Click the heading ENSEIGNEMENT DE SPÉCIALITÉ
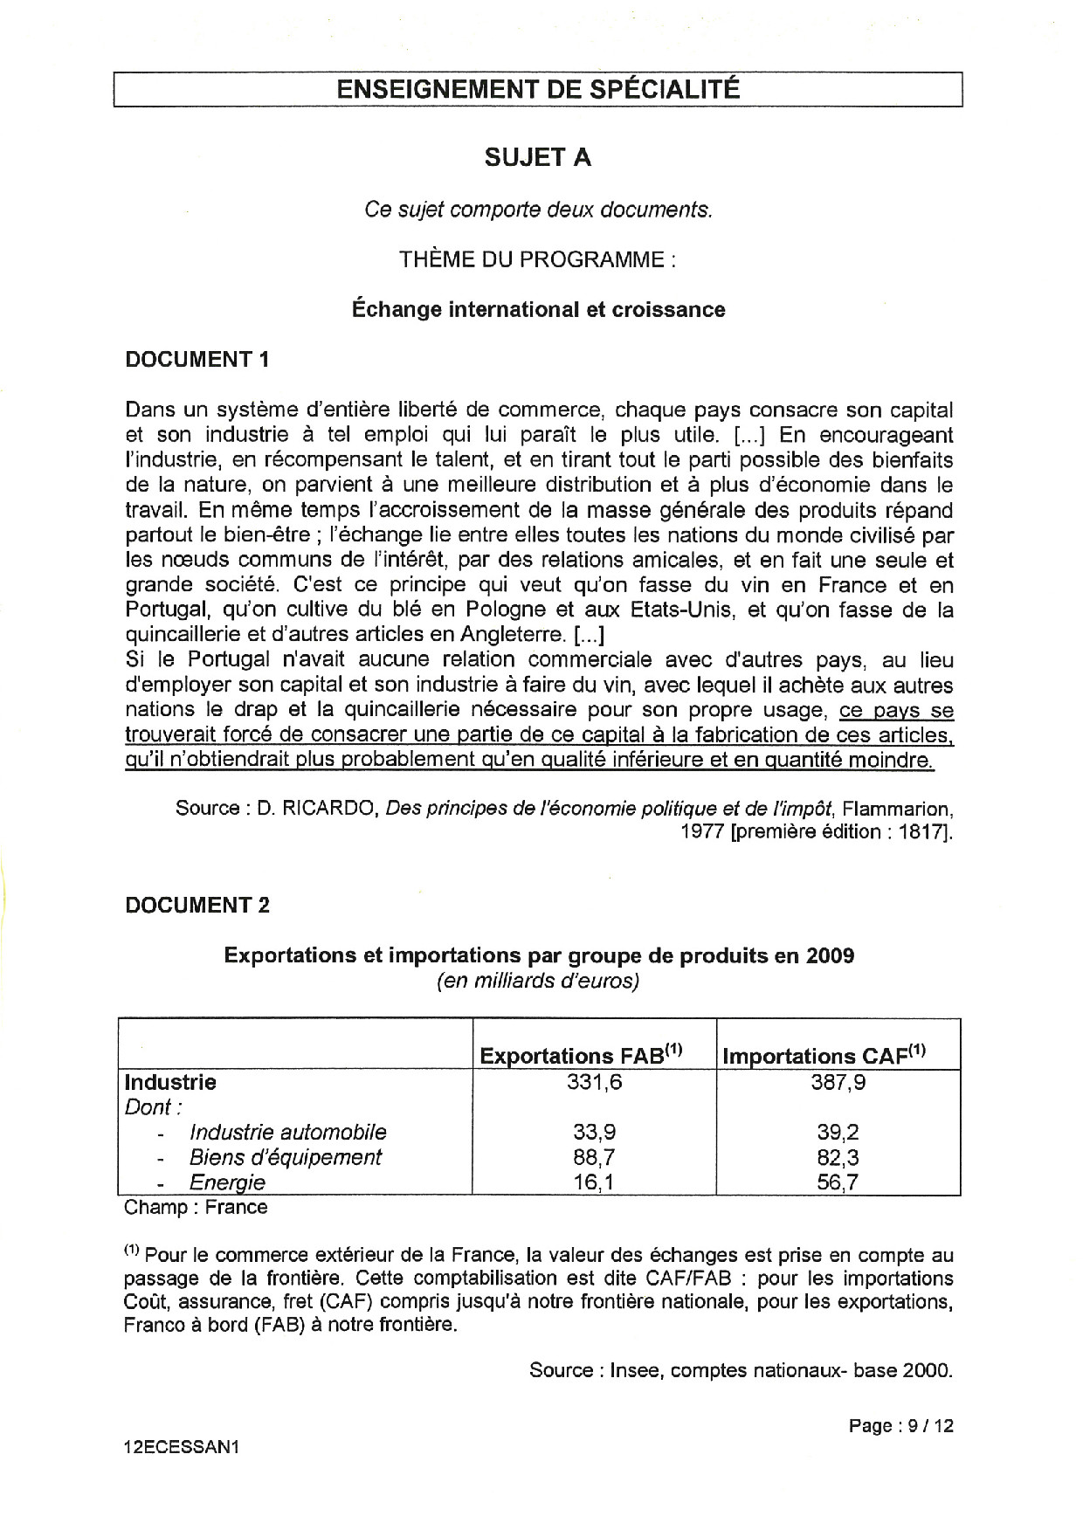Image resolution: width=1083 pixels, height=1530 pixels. point(538,89)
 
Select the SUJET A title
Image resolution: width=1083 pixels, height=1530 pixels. point(538,158)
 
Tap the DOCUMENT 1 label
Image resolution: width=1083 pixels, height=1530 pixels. point(197,359)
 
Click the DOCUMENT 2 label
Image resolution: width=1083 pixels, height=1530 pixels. point(197,905)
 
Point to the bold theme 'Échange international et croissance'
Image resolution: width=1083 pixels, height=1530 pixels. point(538,309)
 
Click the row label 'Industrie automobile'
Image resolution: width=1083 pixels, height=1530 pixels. point(287,1132)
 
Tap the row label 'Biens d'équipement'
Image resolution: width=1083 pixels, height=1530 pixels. point(286,1157)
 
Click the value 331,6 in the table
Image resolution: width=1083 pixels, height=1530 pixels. point(594,1082)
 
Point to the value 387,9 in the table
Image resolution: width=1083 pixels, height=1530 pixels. point(838,1082)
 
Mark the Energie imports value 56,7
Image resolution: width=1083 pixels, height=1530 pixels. point(838,1182)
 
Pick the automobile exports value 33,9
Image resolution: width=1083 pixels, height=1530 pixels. point(594,1132)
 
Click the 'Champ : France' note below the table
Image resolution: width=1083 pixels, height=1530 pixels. point(196,1208)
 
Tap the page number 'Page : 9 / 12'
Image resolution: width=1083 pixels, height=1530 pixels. point(900,1426)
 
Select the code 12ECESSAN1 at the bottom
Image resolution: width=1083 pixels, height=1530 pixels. point(182,1446)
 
